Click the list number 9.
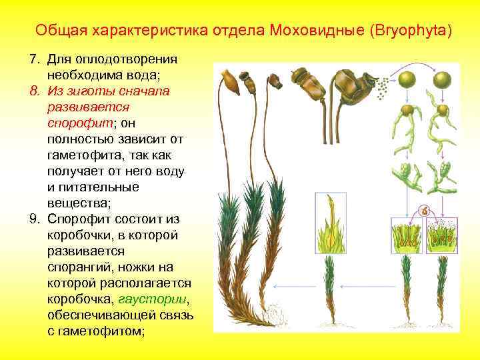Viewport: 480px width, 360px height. pyautogui.click(x=35, y=219)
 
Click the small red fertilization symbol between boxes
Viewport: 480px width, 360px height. pyautogui.click(x=424, y=209)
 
